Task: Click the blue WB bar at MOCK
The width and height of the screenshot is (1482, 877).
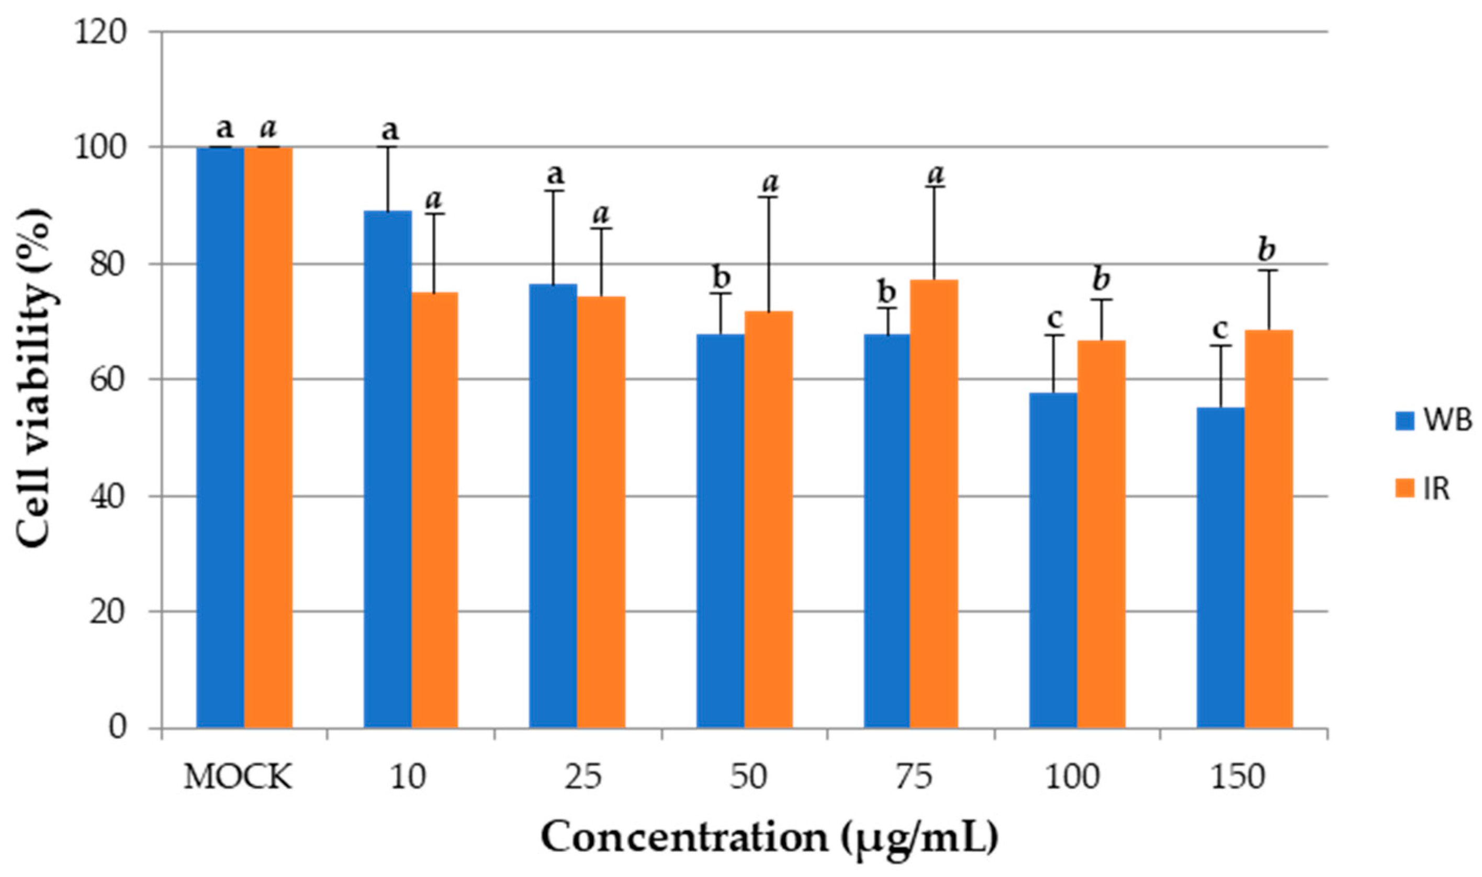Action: pos(220,437)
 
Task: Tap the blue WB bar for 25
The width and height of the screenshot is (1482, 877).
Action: pos(553,505)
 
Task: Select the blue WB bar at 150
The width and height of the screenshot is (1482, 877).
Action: pos(1220,567)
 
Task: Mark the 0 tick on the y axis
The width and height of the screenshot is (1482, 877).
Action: pos(118,726)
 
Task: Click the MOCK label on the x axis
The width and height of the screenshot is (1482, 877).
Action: pos(238,777)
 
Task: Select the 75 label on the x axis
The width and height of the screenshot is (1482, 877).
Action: pos(913,777)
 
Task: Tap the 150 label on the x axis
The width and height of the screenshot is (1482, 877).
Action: pos(1238,777)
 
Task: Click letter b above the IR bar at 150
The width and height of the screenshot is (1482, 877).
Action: pos(1266,251)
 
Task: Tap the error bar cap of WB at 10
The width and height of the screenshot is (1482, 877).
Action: pos(388,147)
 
